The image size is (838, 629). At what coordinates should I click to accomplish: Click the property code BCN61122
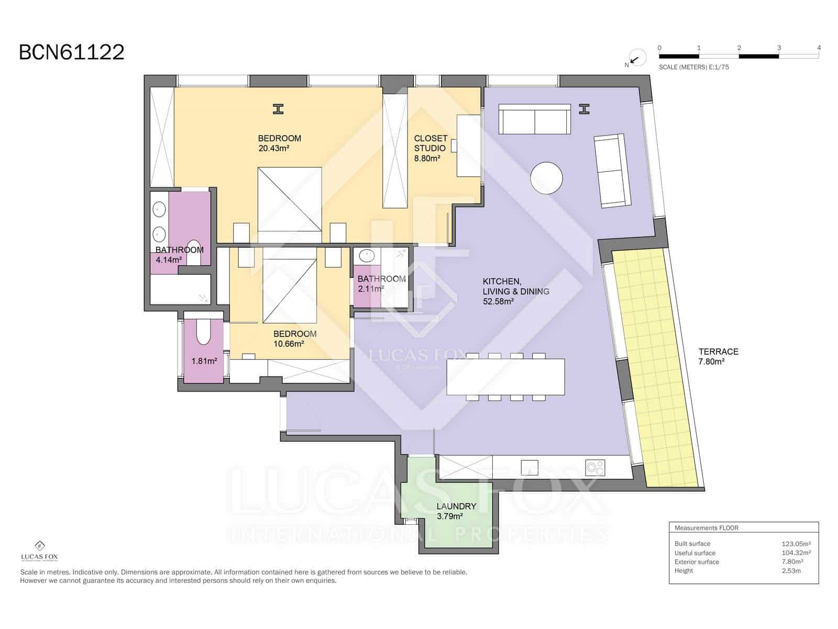tap(71, 52)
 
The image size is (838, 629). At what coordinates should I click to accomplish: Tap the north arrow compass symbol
tap(636, 58)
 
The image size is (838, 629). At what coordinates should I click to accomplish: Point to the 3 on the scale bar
tap(779, 48)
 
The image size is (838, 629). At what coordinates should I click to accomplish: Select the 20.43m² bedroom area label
tap(274, 148)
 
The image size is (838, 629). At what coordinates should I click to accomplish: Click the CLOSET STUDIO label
tap(431, 143)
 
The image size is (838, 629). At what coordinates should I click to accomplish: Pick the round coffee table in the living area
tap(546, 178)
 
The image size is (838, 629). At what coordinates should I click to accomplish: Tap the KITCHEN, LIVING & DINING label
tap(516, 286)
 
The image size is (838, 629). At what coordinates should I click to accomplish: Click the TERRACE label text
tap(718, 351)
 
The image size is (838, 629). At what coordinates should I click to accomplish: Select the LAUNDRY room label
tap(456, 506)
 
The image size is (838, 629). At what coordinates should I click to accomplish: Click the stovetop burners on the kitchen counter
tap(595, 468)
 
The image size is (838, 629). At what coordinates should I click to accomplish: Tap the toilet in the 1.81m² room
tap(203, 331)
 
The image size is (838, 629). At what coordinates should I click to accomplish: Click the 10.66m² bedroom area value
tap(289, 344)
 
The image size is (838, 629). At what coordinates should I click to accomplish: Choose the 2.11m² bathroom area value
tap(371, 289)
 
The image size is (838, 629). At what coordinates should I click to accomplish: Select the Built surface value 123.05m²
tap(796, 544)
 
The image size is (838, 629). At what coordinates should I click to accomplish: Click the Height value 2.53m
tap(791, 571)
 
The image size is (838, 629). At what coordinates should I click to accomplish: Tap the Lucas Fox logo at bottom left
tap(39, 551)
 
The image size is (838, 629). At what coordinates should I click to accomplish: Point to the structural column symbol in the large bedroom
tap(278, 109)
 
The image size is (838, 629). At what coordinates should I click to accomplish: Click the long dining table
tap(505, 377)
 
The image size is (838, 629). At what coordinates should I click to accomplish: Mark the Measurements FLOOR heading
tap(707, 528)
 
